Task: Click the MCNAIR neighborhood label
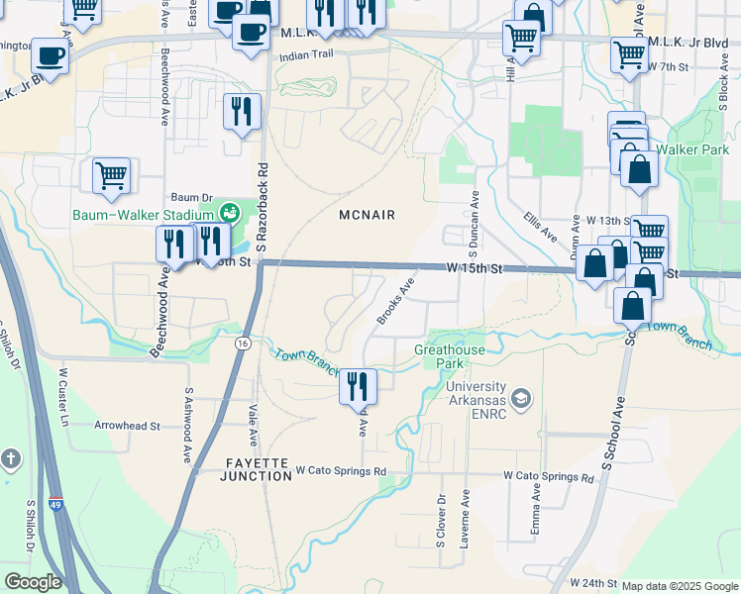(367, 215)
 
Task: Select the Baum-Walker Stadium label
(143, 215)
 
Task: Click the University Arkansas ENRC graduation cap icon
(522, 399)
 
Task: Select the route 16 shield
(242, 343)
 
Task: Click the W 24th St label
(595, 583)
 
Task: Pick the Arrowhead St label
(127, 426)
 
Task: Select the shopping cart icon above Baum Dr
(111, 176)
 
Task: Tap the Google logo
(33, 582)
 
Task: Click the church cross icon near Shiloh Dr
(11, 459)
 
